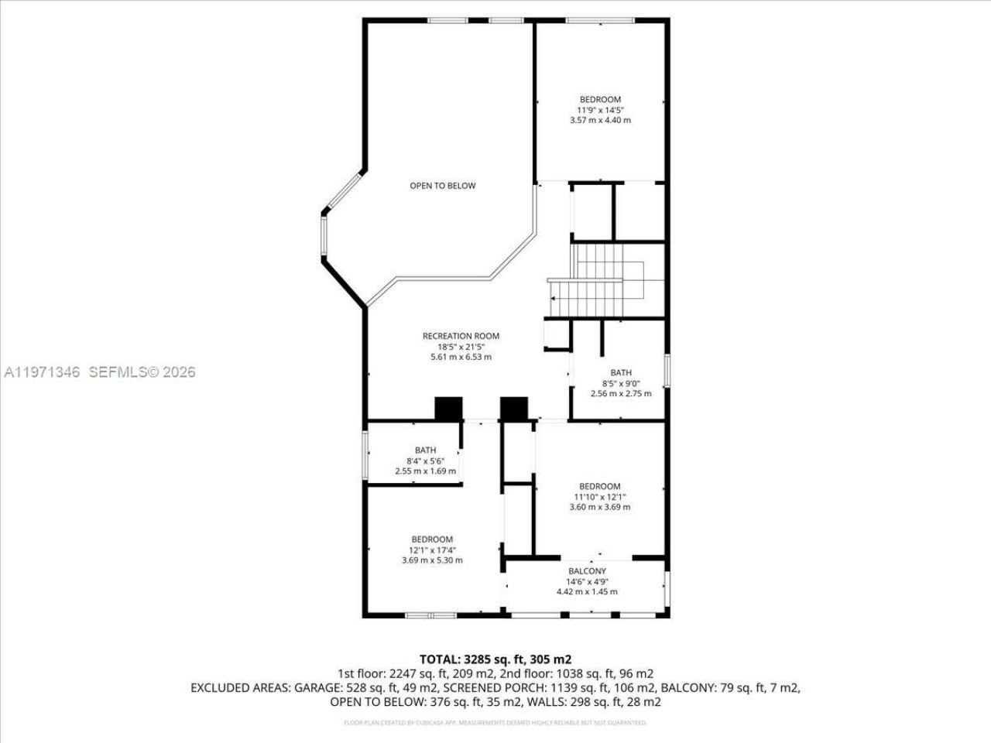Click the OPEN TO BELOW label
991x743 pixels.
443,186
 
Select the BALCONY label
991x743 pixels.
587,571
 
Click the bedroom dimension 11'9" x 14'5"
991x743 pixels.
600,110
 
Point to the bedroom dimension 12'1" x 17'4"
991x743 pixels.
432,550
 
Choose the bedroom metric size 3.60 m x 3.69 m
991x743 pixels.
600,507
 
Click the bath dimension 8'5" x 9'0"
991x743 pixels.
621,382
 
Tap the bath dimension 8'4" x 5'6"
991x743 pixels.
425,461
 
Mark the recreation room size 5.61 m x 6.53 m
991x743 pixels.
461,357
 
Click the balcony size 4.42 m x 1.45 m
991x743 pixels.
587,591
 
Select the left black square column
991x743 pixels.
448,409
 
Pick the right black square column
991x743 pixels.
513,409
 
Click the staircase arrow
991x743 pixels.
553,298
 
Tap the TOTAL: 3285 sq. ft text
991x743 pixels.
495,659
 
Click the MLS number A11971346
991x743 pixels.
43,372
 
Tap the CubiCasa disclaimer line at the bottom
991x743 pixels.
495,723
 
